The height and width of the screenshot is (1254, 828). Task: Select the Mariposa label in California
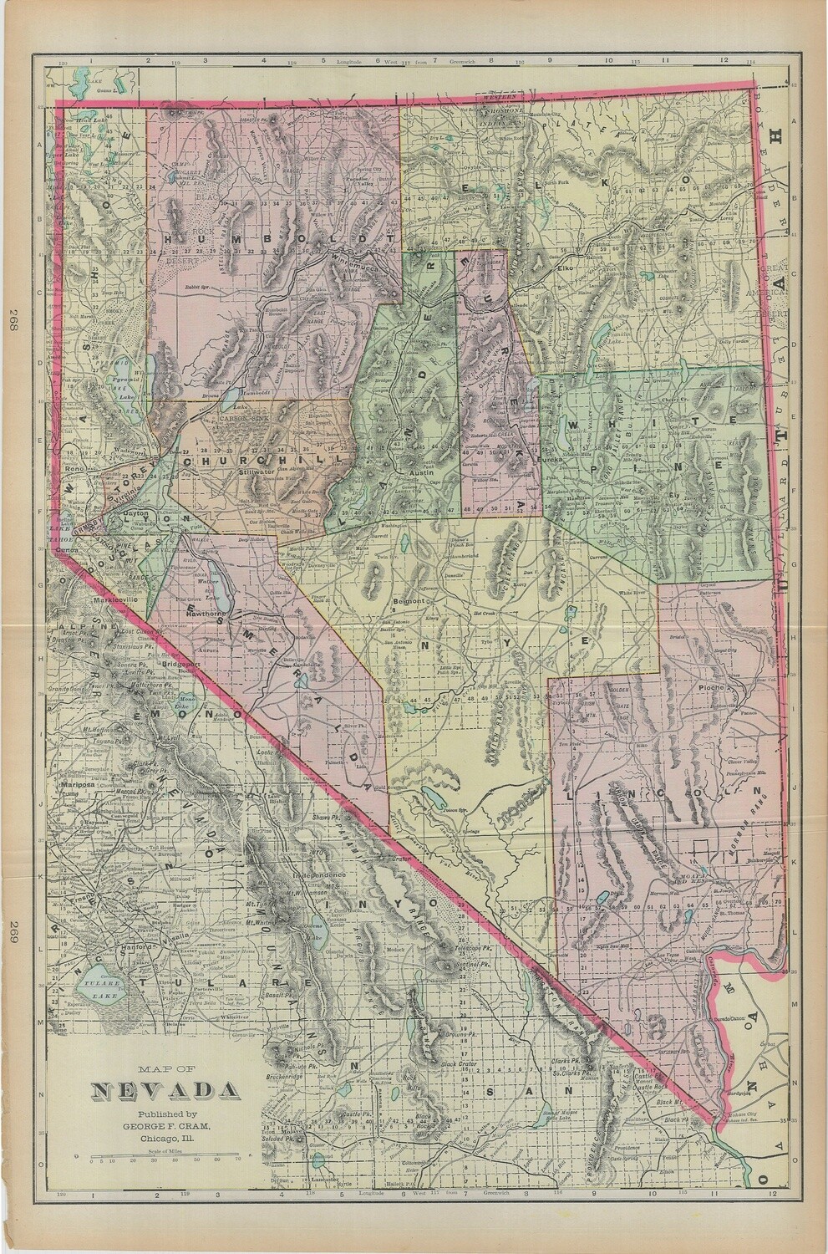coord(75,787)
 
